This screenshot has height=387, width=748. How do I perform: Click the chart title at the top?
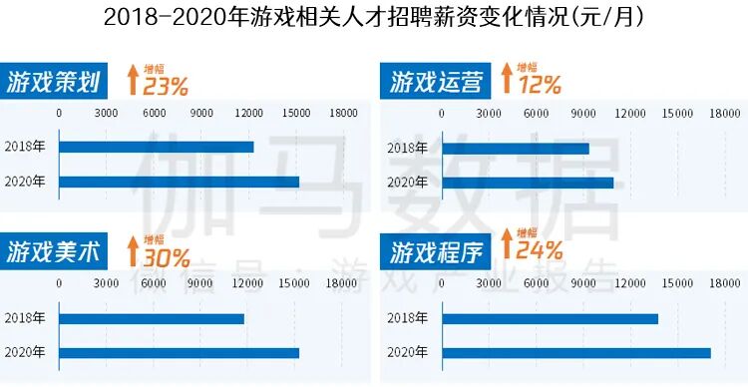pos(373,17)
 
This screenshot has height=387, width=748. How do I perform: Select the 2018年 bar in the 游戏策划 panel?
pos(157,147)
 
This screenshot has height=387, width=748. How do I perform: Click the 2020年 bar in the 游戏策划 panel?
pos(180,182)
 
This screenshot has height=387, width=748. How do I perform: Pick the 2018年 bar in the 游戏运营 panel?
pos(515,149)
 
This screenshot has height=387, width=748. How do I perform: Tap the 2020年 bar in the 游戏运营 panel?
pos(528,183)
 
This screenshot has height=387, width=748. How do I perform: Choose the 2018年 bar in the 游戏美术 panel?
pos(152,319)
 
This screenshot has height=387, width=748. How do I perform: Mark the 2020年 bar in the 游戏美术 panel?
pos(180,352)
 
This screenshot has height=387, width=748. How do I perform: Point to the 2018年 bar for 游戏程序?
pos(550,319)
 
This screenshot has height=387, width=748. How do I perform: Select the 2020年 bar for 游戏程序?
pos(575,353)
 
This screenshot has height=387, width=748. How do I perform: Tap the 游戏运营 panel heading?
pos(437,82)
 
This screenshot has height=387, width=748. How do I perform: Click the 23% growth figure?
pos(166,86)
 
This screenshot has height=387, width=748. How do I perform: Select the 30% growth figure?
pos(166,258)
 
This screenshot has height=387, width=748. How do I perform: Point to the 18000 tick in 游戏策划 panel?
pos(342,113)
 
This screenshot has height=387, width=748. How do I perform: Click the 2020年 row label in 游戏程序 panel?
pos(408,353)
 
